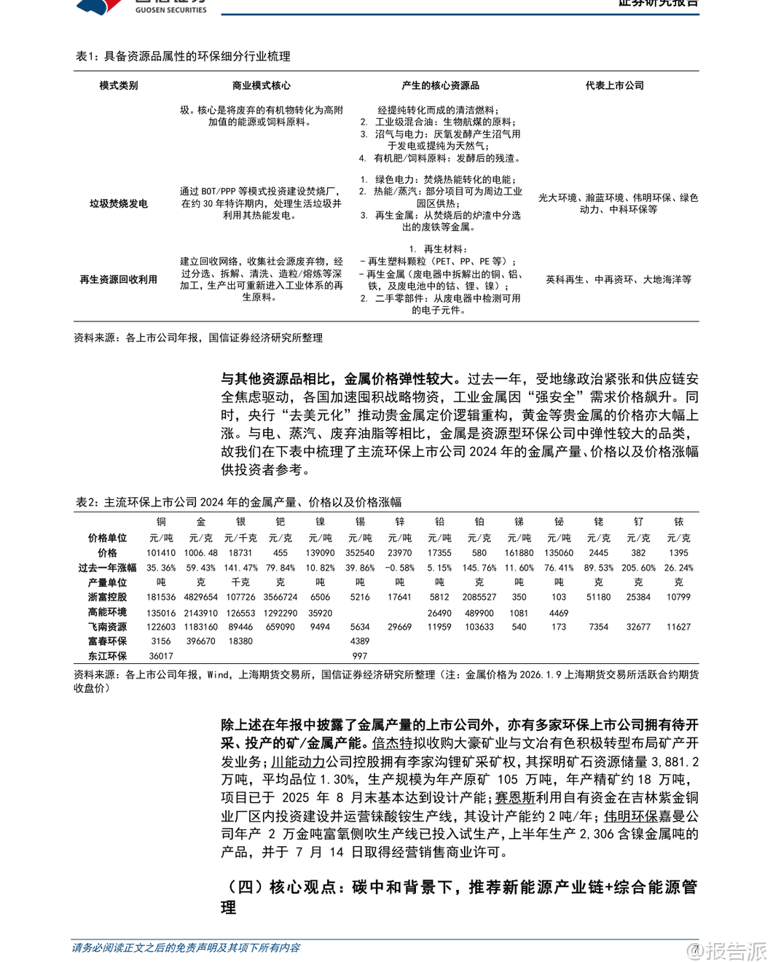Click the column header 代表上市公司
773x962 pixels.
pos(614,85)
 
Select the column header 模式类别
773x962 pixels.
pos(118,85)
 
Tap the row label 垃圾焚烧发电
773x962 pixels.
pos(118,203)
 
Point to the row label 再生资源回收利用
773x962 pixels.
pos(118,279)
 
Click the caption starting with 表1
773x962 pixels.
pos(183,56)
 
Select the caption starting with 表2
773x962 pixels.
pos(238,502)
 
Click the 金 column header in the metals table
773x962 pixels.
pos(200,522)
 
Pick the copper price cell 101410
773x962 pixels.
pos(161,553)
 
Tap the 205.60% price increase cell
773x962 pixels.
pos(638,568)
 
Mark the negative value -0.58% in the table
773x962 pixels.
pos(399,568)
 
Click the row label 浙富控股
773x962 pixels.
pos(107,597)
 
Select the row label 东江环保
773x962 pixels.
pos(107,656)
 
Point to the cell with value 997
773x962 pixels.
pos(360,656)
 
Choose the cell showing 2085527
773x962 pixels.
pos(479,597)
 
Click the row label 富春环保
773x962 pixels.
pos(107,641)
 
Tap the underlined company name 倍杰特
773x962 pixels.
pos(392,743)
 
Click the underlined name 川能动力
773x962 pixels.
pos(298,762)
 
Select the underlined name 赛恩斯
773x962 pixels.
pos(515,798)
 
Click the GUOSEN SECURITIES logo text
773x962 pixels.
pos(170,10)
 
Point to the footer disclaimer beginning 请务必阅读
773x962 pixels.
pos(186,947)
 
